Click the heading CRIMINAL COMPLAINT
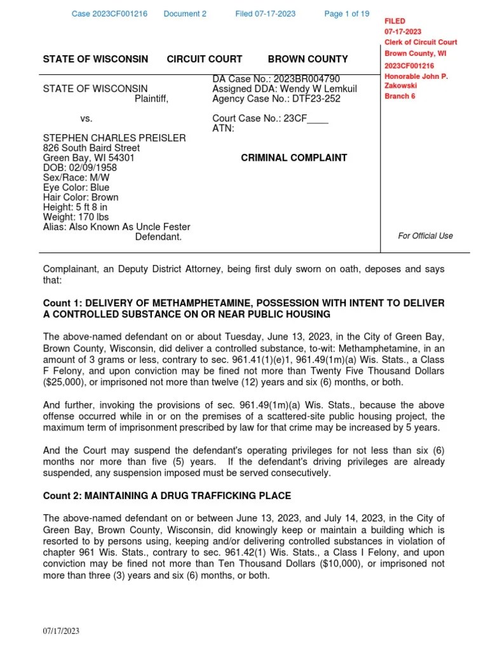(294, 158)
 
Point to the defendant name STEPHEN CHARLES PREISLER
(114, 138)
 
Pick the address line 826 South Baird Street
(91, 148)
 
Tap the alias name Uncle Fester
(163, 227)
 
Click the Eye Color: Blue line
(76, 188)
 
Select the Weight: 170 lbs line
(76, 217)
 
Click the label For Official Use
(425, 236)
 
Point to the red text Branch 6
(400, 96)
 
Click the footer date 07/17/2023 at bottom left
(61, 631)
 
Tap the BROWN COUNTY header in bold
(308, 59)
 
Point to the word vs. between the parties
(86, 118)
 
